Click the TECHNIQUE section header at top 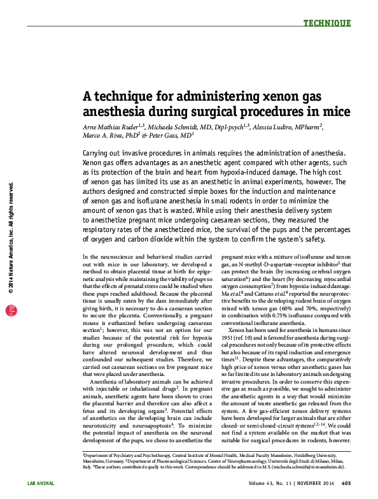pos(326,24)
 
